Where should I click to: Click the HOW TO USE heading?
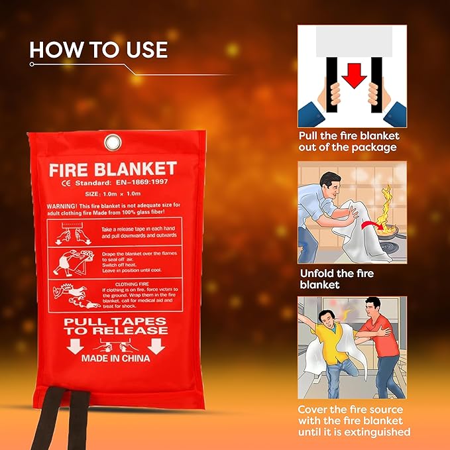(x=98, y=50)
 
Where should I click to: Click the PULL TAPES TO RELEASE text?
(x=115, y=326)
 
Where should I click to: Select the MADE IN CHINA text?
(x=115, y=358)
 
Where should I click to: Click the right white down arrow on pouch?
(x=156, y=346)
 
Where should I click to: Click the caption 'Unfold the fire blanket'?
(x=337, y=279)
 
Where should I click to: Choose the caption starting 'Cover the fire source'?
(x=351, y=420)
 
